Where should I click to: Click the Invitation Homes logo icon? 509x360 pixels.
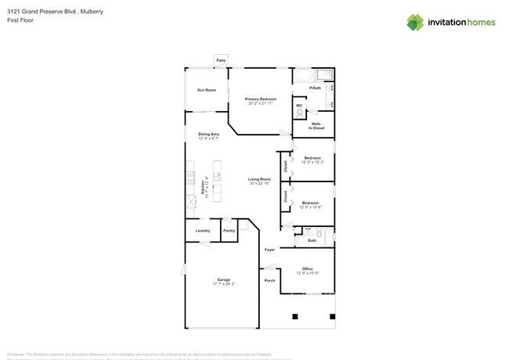[x=415, y=22]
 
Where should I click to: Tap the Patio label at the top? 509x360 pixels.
[x=220, y=59]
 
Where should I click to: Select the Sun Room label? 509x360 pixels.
[x=206, y=91]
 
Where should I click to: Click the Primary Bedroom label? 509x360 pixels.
[x=260, y=99]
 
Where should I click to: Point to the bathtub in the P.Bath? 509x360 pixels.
[x=302, y=77]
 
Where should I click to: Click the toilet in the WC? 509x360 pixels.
[x=299, y=114]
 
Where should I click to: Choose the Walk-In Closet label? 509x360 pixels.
[x=318, y=124]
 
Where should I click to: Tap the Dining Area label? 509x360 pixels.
[x=208, y=134]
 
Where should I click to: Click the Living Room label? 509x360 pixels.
[x=259, y=179]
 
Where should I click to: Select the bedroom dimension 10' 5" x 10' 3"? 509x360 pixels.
[x=312, y=163]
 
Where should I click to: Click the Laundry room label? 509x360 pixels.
[x=202, y=231]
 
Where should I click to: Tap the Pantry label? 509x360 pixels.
[x=229, y=231]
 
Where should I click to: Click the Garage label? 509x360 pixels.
[x=223, y=279]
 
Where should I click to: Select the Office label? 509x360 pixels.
[x=308, y=268]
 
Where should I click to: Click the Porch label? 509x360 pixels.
[x=269, y=280]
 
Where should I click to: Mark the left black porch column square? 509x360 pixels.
[x=295, y=317]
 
